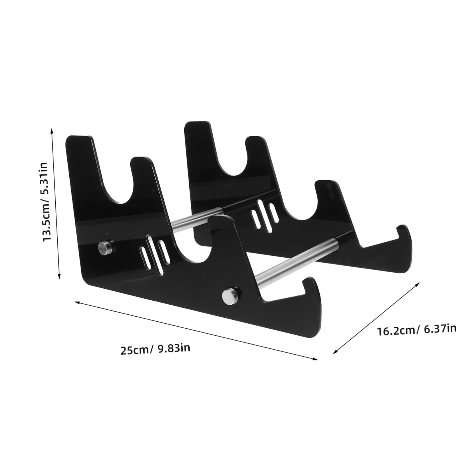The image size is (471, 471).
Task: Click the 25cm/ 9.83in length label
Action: (155, 349)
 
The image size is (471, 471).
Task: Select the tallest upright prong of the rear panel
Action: (199, 131)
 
